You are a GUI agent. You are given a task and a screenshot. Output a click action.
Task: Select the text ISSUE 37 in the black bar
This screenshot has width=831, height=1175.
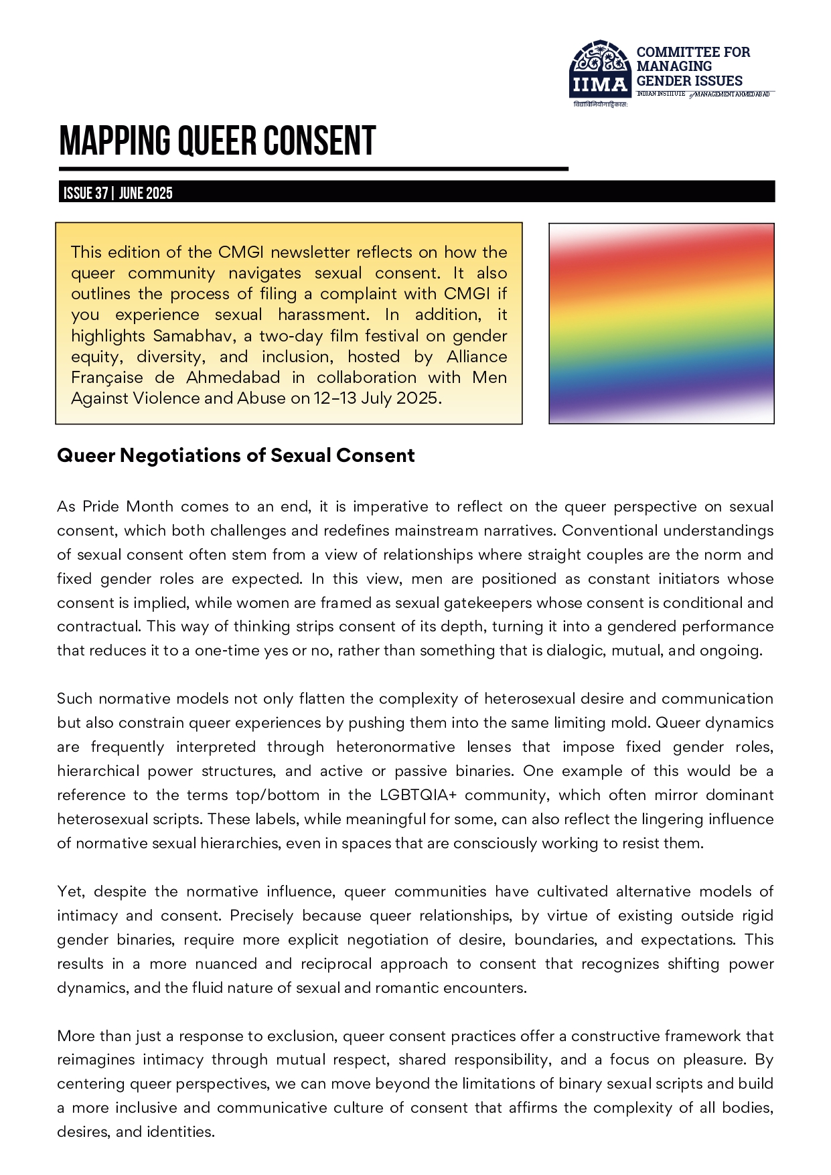pyautogui.click(x=86, y=193)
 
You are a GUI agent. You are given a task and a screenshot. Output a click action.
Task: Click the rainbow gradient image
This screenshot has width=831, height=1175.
pyautogui.click(x=662, y=323)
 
